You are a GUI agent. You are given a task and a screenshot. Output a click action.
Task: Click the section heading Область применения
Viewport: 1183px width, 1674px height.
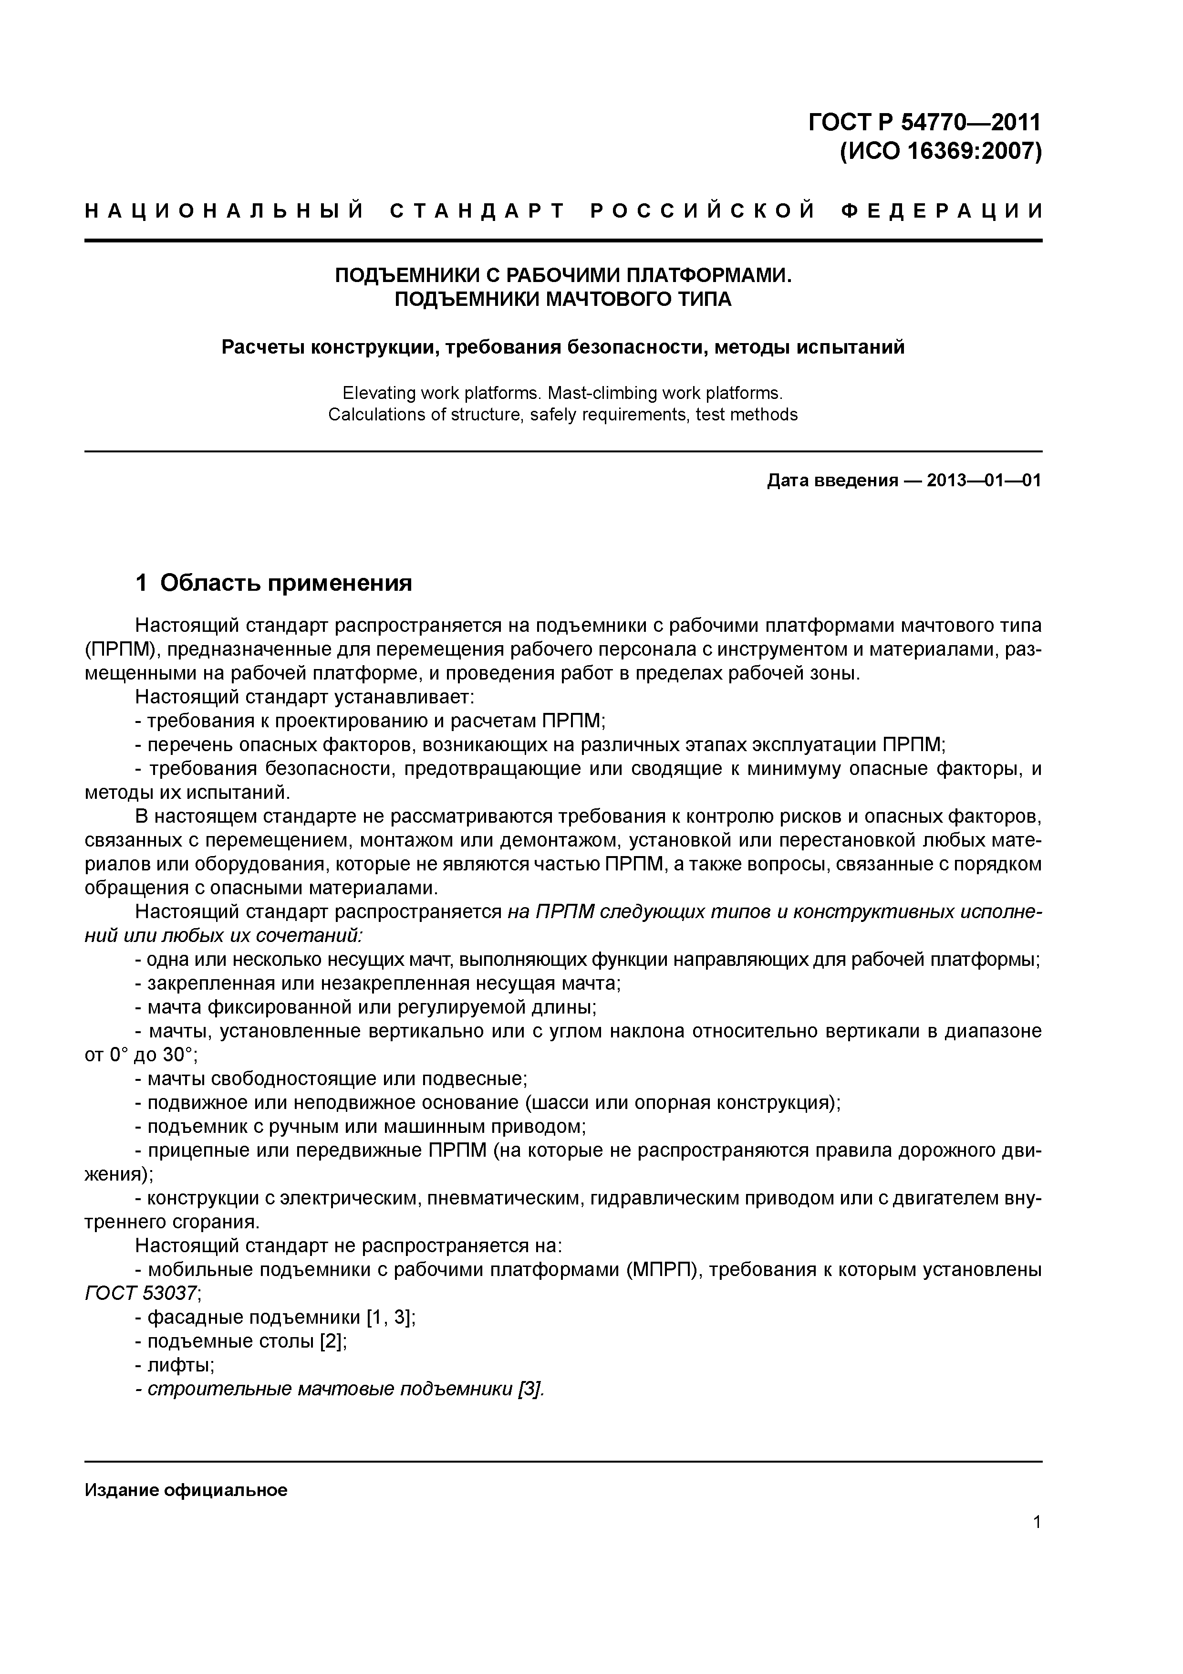pos(286,583)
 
